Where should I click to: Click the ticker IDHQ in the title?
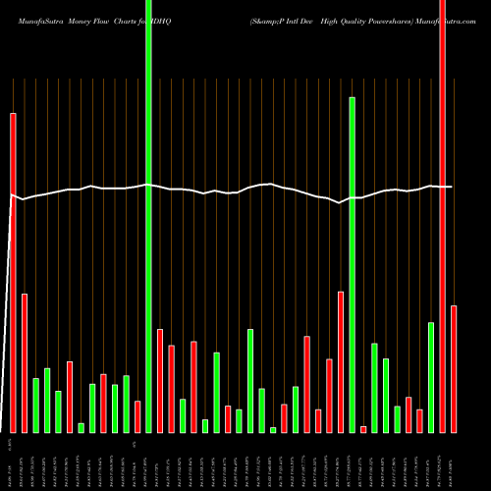coord(186,9)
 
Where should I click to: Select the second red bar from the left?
coord(25,363)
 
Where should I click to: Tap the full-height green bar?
coord(148,216)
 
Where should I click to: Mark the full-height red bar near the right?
coord(443,216)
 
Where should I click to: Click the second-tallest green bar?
coord(352,265)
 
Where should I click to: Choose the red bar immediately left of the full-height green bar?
coord(137,416)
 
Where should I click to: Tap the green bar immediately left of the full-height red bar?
coord(431,377)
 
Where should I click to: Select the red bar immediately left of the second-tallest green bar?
coord(341,361)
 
